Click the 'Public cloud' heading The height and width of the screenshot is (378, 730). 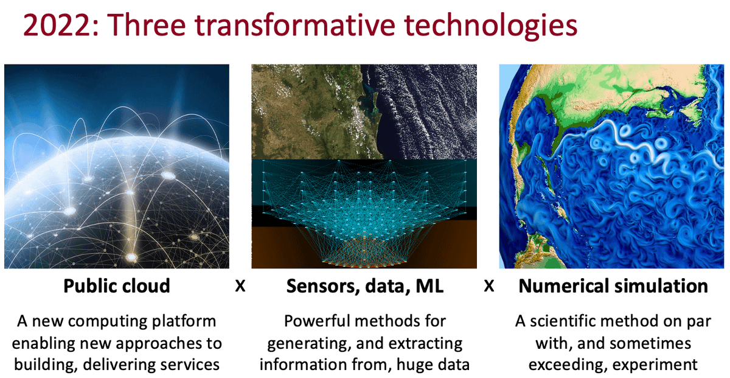[117, 286]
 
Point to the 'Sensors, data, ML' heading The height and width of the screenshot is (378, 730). [365, 286]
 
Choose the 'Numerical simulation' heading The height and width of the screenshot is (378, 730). [613, 286]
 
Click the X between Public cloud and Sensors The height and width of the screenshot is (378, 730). [240, 286]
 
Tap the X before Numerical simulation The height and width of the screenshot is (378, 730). [489, 286]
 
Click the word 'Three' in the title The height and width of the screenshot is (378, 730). [146, 25]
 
